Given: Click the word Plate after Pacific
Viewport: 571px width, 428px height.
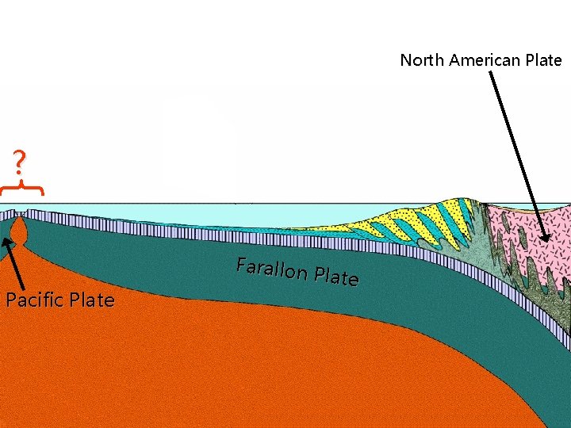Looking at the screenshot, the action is click(x=91, y=300).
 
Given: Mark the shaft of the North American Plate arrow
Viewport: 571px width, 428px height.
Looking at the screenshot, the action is click(x=515, y=151).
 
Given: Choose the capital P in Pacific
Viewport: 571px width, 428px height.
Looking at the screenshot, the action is click(x=10, y=300).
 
